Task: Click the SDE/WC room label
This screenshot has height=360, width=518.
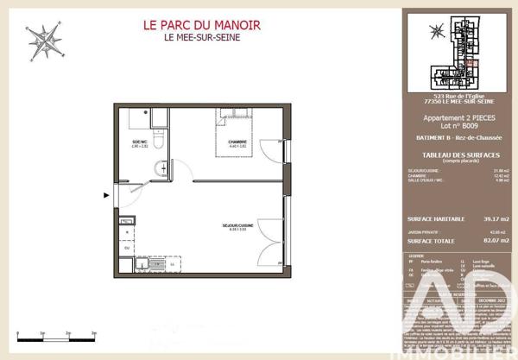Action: click(x=139, y=142)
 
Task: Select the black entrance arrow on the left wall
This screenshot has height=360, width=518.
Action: click(x=107, y=195)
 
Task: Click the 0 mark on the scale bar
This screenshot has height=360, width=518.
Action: click(x=18, y=330)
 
